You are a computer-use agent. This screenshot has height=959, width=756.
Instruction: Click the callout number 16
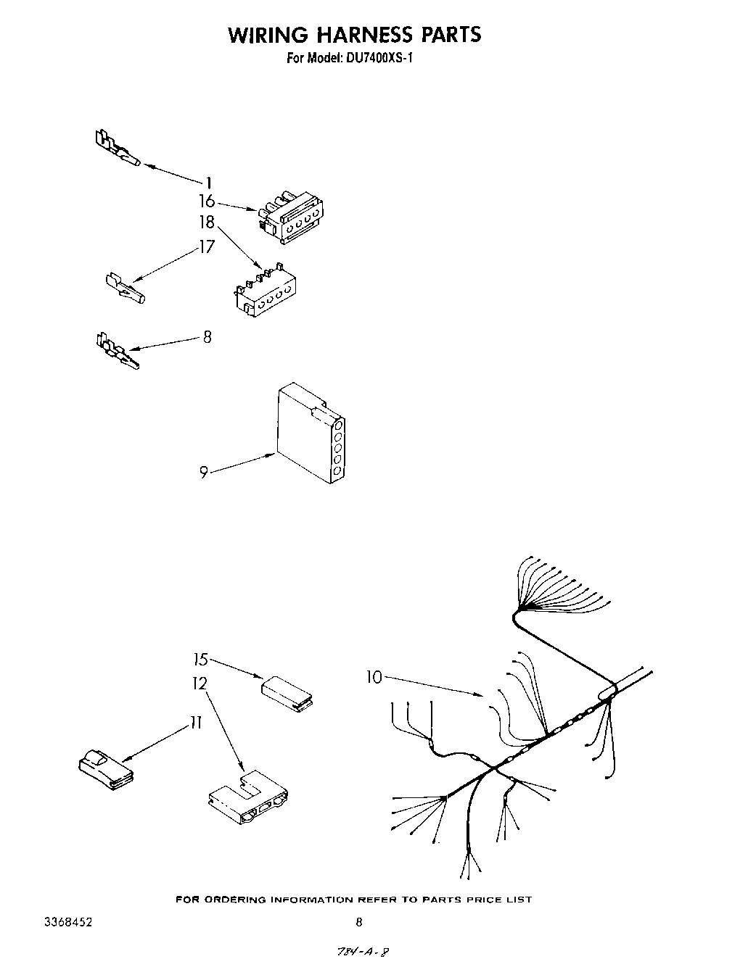(208, 202)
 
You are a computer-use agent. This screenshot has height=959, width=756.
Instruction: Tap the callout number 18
(208, 223)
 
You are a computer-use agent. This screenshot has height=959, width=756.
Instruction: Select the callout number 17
(208, 247)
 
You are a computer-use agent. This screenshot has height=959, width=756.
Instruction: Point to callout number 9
(204, 472)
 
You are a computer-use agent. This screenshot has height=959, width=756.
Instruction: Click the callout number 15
(200, 660)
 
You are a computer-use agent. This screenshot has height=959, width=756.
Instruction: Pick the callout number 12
(200, 684)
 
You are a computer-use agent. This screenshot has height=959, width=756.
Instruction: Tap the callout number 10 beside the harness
(374, 677)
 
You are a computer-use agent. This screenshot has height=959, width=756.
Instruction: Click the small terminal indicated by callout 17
(125, 288)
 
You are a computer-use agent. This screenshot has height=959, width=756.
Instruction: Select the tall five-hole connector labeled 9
(311, 432)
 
